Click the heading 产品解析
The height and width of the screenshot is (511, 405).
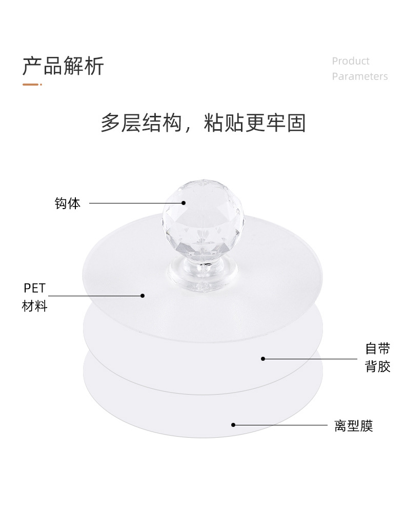(x=63, y=67)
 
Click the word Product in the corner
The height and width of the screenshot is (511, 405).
(x=350, y=61)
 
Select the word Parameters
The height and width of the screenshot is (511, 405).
(x=359, y=76)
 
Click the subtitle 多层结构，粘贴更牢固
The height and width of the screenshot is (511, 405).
(x=203, y=124)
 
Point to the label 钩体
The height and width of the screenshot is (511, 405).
(x=68, y=203)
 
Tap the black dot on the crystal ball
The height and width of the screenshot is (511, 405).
(x=184, y=202)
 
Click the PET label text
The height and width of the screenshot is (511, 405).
(x=34, y=288)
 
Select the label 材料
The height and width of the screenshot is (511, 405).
(x=34, y=306)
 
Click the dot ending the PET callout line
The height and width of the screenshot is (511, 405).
(x=143, y=295)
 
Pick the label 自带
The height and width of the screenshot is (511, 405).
(x=378, y=349)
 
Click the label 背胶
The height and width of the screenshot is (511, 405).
(x=378, y=366)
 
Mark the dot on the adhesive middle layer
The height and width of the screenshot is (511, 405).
(x=263, y=358)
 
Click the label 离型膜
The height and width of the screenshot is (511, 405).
(x=354, y=426)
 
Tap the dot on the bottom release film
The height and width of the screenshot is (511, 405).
(x=233, y=424)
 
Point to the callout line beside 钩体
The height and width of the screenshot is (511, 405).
(x=133, y=203)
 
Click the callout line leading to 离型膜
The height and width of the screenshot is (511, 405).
(x=282, y=425)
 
